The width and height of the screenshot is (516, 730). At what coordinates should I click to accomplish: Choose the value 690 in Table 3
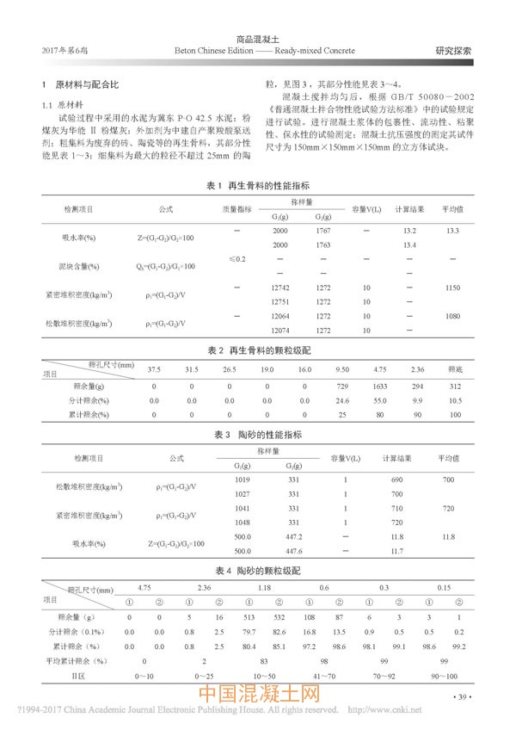[397, 478]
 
